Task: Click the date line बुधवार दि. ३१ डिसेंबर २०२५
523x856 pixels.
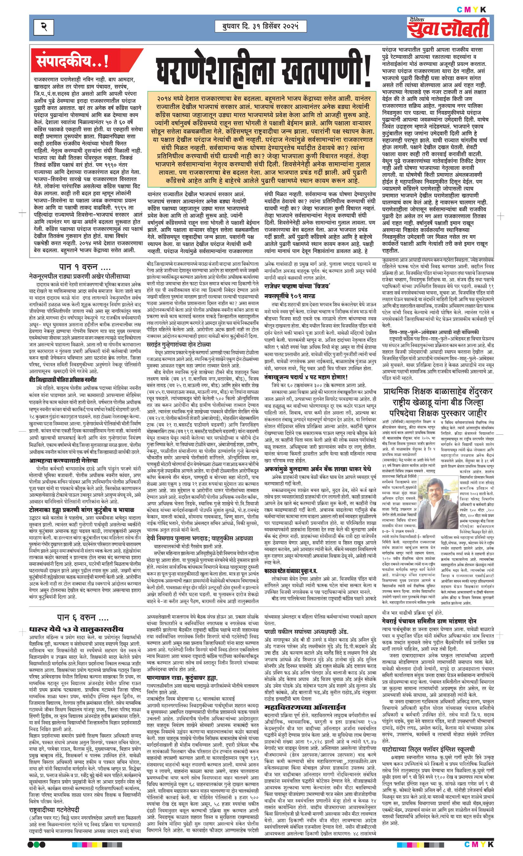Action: [257, 26]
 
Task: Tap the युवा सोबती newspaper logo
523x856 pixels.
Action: [448, 28]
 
